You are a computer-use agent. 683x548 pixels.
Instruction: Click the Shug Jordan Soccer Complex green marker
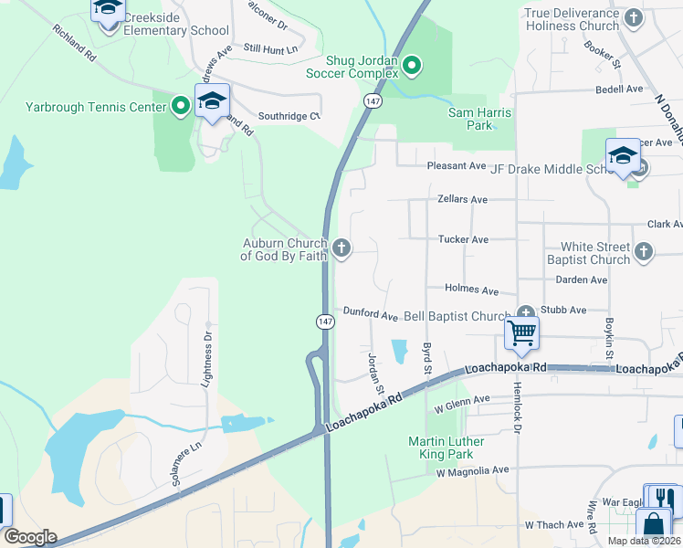tap(412, 64)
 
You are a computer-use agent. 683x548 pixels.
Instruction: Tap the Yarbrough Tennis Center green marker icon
tap(181, 107)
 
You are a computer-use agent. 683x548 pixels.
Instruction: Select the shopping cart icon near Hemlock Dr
tap(521, 333)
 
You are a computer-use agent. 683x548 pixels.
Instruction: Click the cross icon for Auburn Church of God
tap(341, 248)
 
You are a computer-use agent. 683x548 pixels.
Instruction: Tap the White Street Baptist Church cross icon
tap(644, 251)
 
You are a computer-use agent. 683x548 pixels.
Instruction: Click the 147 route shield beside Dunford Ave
tap(326, 321)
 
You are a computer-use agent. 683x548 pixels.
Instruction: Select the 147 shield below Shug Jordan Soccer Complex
tap(373, 101)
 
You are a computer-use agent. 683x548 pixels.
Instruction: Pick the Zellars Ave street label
tap(463, 199)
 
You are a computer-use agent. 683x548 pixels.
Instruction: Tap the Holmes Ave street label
tap(471, 290)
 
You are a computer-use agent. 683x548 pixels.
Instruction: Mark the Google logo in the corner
tap(30, 537)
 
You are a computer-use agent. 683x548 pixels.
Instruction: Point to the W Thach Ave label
tap(553, 525)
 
